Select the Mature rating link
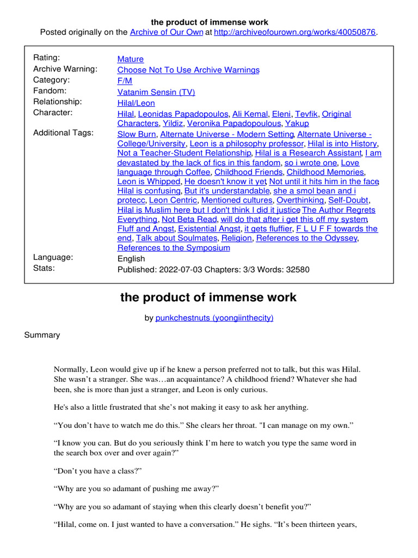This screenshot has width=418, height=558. point(131,59)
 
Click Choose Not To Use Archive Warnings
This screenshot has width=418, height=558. point(188,70)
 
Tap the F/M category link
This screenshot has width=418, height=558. point(125,81)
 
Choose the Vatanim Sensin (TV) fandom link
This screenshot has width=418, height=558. point(156,92)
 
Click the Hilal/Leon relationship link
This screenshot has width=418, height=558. point(136,103)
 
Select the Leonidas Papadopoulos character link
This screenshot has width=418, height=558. point(183,114)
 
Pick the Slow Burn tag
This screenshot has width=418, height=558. point(137,134)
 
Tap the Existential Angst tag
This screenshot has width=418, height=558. point(209,229)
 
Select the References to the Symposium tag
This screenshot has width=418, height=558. point(174,248)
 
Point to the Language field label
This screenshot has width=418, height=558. point(53,257)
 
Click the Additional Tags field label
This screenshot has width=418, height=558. point(63,133)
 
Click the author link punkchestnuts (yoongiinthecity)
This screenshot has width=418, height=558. point(214,318)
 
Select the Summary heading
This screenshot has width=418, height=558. point(42,335)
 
